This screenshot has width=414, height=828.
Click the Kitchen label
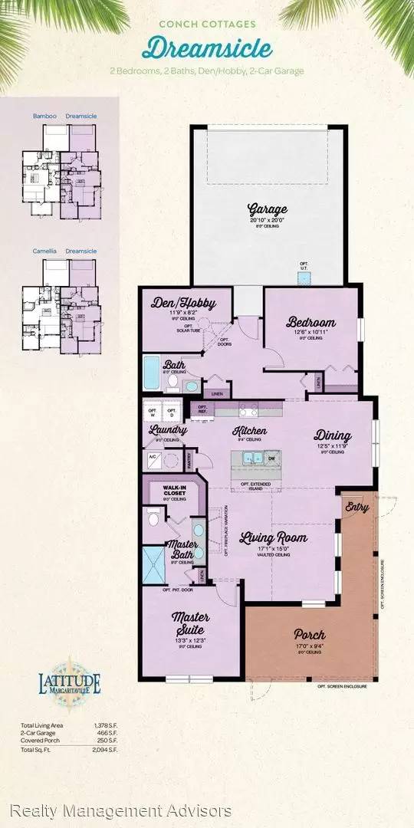246,430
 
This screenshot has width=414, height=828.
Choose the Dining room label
332,435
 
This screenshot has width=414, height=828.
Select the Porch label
309,635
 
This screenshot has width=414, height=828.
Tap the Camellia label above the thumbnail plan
44,250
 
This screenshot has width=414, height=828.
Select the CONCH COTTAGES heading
207,24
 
